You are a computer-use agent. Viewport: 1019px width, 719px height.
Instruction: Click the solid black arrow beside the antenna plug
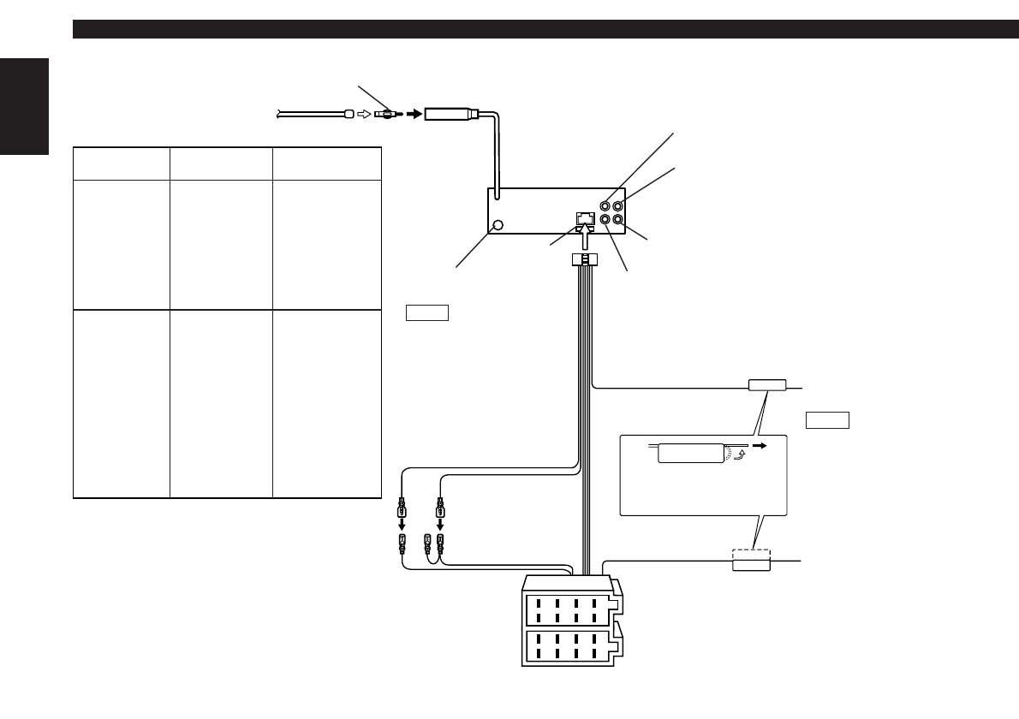tap(414, 113)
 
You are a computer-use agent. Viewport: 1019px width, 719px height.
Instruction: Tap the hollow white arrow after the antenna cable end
tap(365, 113)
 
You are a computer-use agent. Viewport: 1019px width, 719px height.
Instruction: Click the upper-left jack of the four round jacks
tap(605, 205)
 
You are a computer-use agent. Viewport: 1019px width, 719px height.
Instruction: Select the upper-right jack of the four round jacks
tap(619, 205)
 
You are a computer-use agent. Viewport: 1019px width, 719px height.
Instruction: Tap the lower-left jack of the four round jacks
tap(605, 220)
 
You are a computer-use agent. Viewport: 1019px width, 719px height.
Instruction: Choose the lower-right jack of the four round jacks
tap(619, 220)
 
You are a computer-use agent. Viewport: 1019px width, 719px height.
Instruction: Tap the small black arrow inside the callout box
tap(758, 446)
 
